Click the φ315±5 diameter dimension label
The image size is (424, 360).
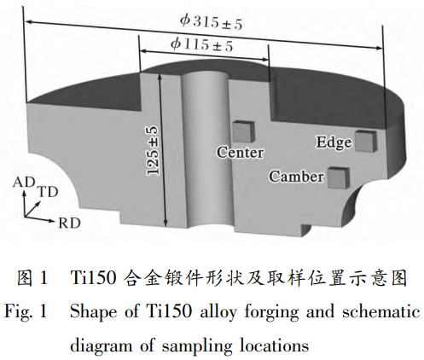coord(212,22)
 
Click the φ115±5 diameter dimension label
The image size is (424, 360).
coord(202,45)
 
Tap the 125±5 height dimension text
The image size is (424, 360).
coord(153,151)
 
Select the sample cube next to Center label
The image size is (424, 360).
coord(243,131)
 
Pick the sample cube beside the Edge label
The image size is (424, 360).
coord(366,141)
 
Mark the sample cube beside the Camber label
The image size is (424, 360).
coord(339,177)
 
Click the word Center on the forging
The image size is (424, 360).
coord(241,153)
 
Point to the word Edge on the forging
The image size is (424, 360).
coord(334,142)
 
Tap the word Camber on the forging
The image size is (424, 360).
coord(296,177)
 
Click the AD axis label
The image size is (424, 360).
coord(24,183)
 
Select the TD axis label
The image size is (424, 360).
coord(48,192)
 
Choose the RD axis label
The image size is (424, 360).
coord(69,224)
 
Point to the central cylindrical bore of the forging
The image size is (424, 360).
coord(206,148)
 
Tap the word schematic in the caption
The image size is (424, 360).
coord(381,311)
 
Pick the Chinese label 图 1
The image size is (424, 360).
coord(32,278)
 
